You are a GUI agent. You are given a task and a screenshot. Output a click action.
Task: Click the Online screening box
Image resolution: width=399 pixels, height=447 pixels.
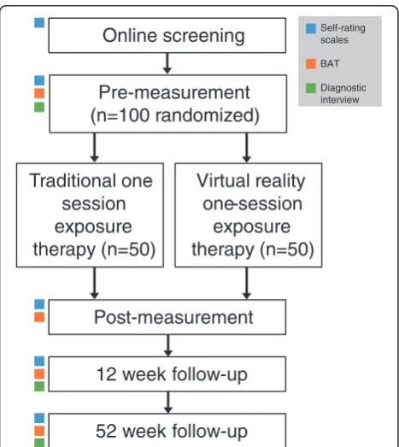(x=167, y=35)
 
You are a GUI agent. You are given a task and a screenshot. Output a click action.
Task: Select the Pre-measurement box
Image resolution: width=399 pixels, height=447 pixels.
(x=168, y=103)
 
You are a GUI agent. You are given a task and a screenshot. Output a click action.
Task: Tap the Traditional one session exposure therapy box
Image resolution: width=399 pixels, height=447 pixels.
(x=90, y=215)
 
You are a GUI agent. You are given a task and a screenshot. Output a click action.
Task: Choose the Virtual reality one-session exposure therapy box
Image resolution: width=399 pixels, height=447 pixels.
(x=249, y=215)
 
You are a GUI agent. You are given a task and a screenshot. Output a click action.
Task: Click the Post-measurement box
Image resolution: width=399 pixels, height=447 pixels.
(x=167, y=317)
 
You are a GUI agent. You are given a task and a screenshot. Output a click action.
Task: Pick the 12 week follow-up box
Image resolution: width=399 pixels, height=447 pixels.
(x=167, y=374)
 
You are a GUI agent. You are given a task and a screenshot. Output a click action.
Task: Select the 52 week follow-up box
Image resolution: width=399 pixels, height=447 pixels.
(x=167, y=430)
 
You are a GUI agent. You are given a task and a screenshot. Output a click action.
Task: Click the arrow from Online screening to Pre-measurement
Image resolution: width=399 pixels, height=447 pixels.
(x=167, y=63)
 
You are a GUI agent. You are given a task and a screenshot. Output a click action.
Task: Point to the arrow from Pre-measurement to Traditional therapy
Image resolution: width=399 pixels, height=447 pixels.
(x=94, y=148)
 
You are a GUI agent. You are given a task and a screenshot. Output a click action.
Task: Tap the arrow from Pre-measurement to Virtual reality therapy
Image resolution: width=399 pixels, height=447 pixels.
(x=247, y=148)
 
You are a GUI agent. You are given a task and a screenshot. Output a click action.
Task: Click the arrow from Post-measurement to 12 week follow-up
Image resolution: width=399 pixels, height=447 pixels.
(x=168, y=345)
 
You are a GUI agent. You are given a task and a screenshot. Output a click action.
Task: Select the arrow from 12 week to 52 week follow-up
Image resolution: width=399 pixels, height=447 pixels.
(x=168, y=403)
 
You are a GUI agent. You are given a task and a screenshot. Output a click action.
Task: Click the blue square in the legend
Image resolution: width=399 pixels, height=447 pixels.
(x=311, y=28)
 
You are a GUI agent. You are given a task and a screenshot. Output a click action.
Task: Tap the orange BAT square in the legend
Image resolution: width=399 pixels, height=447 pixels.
(x=311, y=64)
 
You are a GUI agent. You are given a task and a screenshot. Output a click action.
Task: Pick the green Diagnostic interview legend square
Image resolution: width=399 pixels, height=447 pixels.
(x=311, y=88)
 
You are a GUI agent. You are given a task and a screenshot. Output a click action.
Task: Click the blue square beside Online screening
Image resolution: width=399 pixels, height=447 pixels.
(x=39, y=23)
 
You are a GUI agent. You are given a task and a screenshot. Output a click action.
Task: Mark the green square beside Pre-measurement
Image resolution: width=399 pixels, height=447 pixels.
(x=39, y=107)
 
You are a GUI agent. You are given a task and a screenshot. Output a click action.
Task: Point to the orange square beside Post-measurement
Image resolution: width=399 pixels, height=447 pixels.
(x=39, y=317)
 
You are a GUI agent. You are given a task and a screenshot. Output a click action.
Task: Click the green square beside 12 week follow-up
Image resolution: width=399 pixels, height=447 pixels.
(x=39, y=386)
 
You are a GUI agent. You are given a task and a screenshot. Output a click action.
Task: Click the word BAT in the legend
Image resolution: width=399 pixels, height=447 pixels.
(x=330, y=64)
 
